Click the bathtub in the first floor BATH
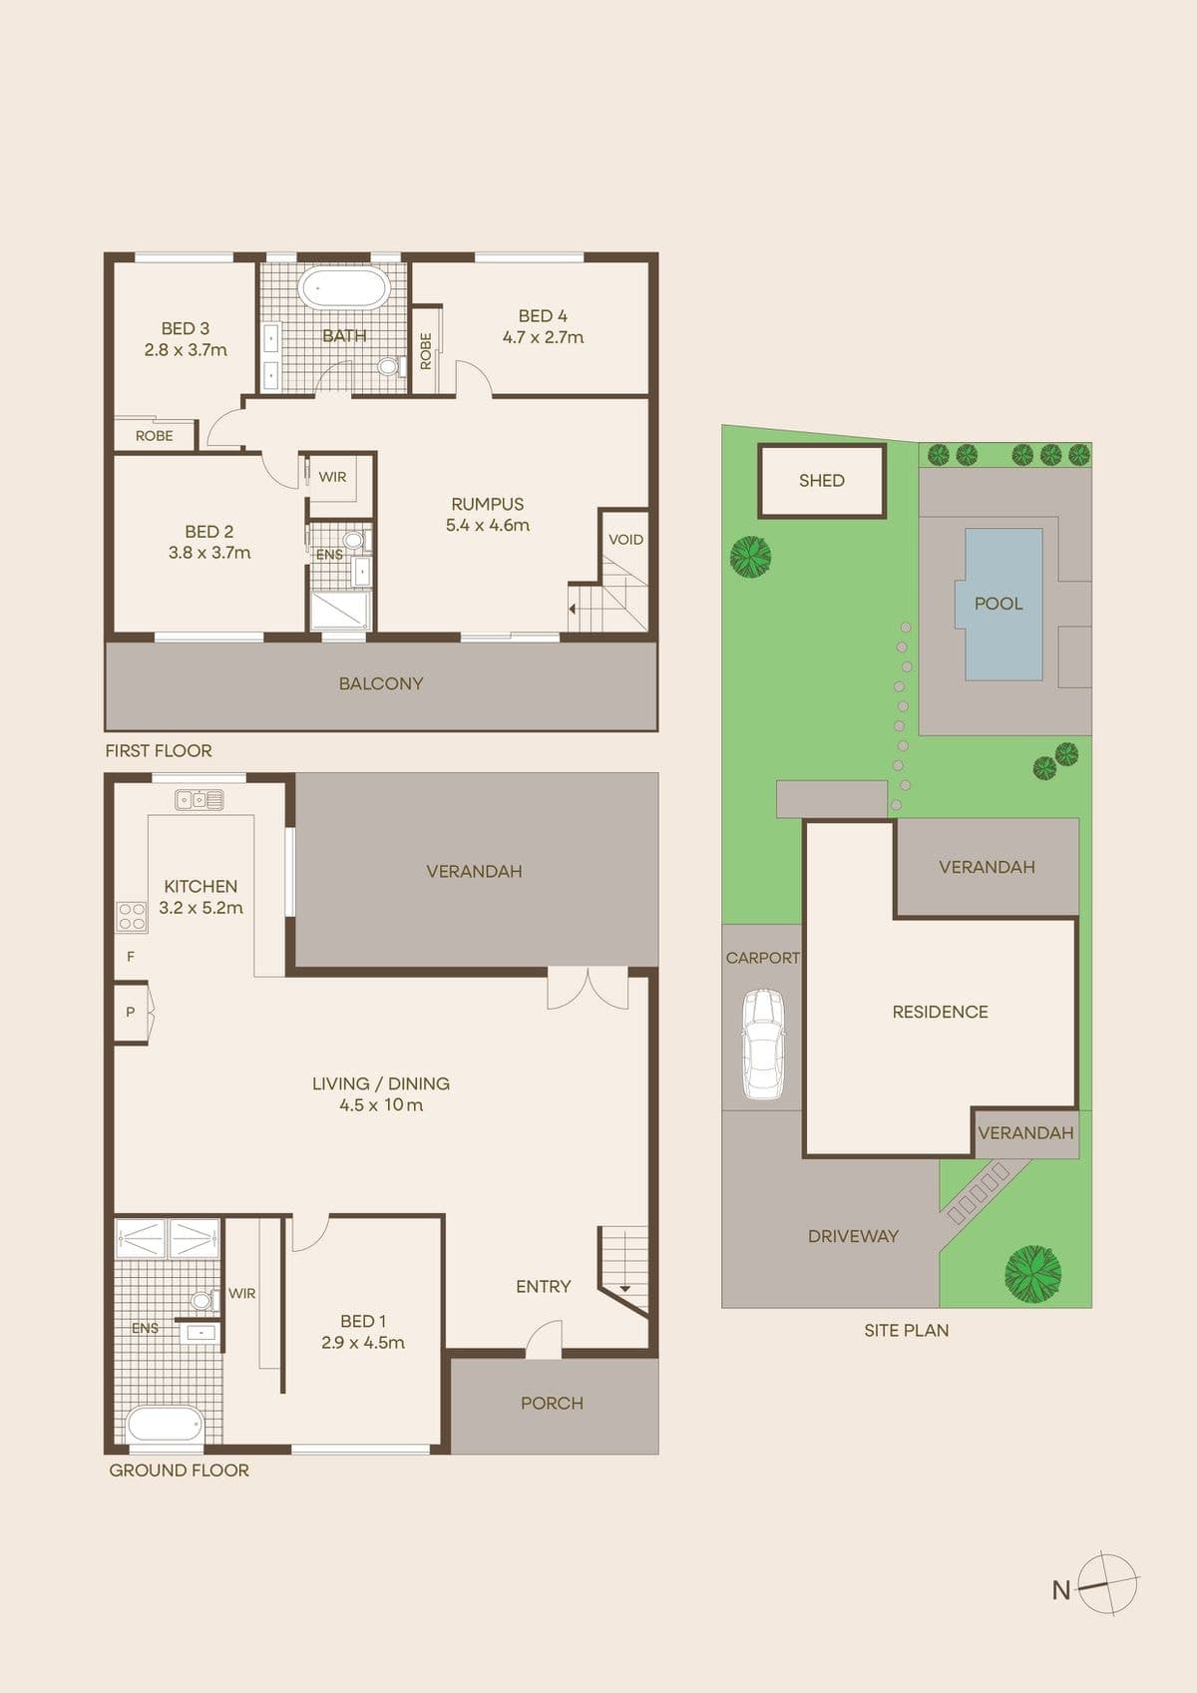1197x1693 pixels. point(344,287)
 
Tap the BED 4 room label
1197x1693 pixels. point(543,316)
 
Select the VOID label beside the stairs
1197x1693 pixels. point(625,539)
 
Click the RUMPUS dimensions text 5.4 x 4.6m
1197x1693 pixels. point(488,526)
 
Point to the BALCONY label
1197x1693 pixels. point(381,683)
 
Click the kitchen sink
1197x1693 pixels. point(199,799)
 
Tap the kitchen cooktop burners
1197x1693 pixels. point(131,917)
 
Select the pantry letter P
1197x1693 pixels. point(130,1012)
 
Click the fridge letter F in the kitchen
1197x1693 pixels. point(131,957)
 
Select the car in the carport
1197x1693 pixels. point(763,1043)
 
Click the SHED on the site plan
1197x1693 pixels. point(821,481)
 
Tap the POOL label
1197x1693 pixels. point(998,604)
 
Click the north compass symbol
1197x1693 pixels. point(1108,1584)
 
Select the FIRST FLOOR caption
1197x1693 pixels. point(159,750)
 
